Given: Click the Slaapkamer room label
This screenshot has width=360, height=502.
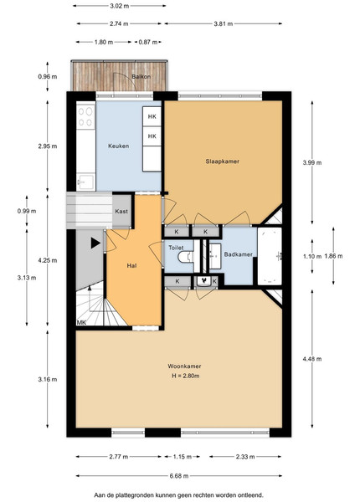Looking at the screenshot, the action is pyautogui.click(x=222, y=161).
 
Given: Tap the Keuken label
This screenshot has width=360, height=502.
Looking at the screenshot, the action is pyautogui.click(x=119, y=146).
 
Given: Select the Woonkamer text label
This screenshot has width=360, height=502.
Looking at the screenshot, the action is pyautogui.click(x=184, y=366).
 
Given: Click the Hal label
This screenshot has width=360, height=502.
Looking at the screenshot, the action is pyautogui.click(x=131, y=265).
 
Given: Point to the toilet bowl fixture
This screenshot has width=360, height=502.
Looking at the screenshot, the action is pyautogui.click(x=186, y=257).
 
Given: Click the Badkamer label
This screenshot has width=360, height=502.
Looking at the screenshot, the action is pyautogui.click(x=239, y=254).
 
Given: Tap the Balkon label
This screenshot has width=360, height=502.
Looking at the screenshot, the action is pyautogui.click(x=141, y=77).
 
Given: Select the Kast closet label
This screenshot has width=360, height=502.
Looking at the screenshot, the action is pyautogui.click(x=121, y=212).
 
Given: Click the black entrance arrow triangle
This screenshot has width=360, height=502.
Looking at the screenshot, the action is pyautogui.click(x=95, y=243).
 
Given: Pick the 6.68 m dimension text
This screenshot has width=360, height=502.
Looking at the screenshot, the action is pyautogui.click(x=179, y=476).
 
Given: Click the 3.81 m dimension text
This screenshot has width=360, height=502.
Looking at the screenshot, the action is pyautogui.click(x=224, y=23).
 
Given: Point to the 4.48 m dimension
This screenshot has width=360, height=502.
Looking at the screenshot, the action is pyautogui.click(x=312, y=359).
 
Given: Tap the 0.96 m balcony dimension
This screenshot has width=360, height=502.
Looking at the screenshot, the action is pyautogui.click(x=48, y=76).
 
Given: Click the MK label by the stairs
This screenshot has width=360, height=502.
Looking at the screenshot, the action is pyautogui.click(x=81, y=323).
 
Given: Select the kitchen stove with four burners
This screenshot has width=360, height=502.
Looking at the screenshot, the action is pyautogui.click(x=86, y=117).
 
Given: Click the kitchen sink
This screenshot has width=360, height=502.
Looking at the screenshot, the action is pyautogui.click(x=86, y=182).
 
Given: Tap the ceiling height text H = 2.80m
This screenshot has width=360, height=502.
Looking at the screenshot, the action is pyautogui.click(x=186, y=376).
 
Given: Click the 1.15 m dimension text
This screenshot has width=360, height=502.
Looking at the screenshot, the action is pyautogui.click(x=183, y=457).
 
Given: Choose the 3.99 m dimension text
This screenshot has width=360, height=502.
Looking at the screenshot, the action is pyautogui.click(x=312, y=162).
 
